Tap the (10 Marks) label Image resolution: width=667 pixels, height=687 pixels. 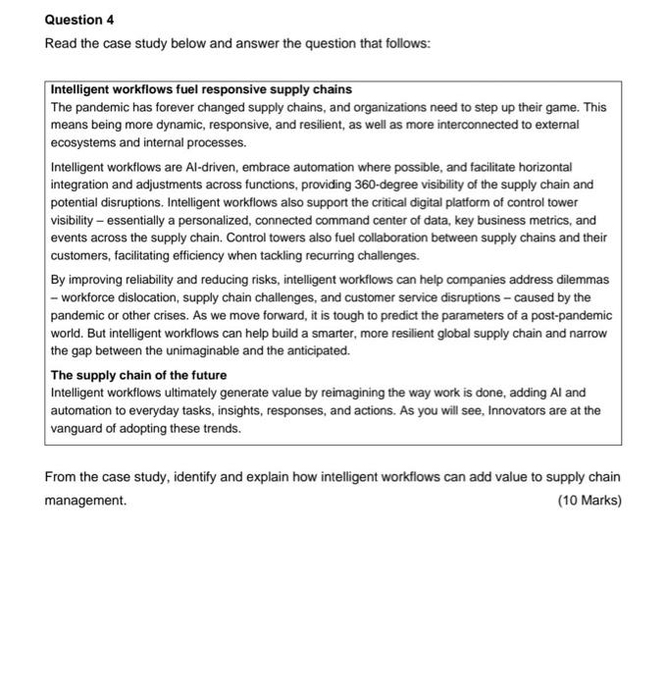pyautogui.click(x=589, y=501)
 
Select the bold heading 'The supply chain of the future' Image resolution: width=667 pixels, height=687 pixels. pyautogui.click(x=138, y=375)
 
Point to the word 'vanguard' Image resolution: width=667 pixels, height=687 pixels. pyautogui.click(x=80, y=428)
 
